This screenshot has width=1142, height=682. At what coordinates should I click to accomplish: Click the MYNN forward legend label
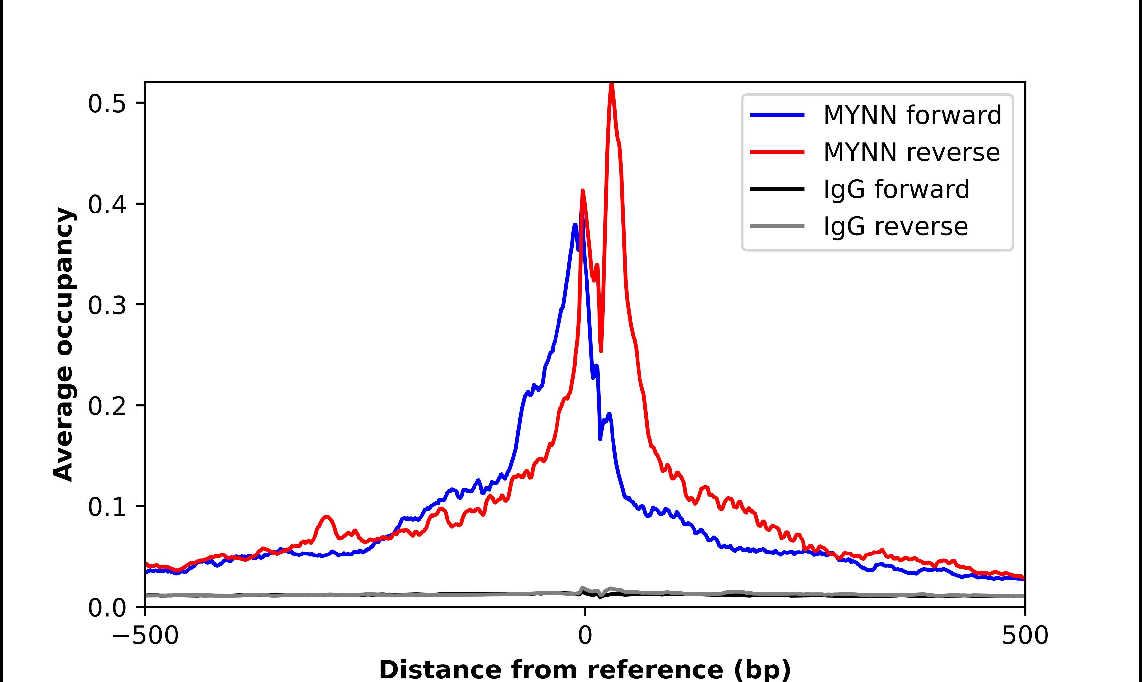(x=912, y=115)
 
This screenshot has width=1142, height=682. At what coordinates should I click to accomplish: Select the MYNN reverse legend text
(x=911, y=152)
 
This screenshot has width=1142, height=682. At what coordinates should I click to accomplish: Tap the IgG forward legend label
(x=896, y=189)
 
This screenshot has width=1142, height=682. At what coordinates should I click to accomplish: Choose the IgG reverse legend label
(x=895, y=227)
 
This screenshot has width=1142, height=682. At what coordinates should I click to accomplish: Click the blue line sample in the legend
(x=777, y=115)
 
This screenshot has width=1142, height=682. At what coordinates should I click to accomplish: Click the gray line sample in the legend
(x=777, y=226)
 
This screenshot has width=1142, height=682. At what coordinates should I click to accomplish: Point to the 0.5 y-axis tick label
(x=107, y=104)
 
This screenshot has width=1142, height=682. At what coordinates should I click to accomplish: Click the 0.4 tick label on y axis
(x=107, y=205)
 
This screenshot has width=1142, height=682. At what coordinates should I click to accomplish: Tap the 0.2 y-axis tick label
(x=107, y=406)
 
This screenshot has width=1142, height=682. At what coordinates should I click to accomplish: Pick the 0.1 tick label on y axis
(x=107, y=507)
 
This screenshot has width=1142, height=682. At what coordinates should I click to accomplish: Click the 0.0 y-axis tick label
(x=107, y=608)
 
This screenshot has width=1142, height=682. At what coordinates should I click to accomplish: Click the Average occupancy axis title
(x=63, y=344)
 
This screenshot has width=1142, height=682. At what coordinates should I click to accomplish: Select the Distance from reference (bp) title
(x=585, y=669)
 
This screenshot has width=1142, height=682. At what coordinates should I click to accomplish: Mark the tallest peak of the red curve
(x=611, y=84)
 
